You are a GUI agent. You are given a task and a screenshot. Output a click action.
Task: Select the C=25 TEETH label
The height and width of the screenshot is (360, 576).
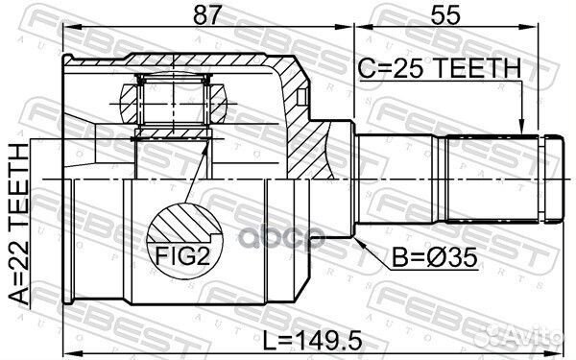coord(440,68)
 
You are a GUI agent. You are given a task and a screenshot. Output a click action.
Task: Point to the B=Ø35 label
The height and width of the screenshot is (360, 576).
coord(425,259)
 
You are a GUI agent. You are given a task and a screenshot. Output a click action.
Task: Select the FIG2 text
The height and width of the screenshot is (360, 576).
coord(183,257)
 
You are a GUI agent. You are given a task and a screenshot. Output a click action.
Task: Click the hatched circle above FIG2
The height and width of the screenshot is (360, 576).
coord(182,227)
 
